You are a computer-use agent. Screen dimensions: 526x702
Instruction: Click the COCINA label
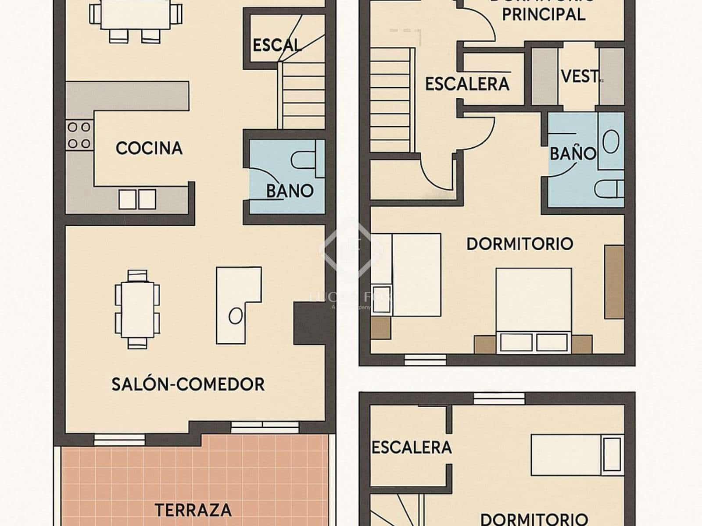149,148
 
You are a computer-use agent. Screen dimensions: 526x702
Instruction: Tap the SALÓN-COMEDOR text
188,384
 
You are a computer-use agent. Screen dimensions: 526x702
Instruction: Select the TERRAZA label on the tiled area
193,510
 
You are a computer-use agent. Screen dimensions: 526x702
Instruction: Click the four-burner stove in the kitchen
79,135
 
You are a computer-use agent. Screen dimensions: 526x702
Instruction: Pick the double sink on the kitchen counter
137,199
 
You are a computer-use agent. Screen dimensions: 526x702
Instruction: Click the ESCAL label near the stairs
277,45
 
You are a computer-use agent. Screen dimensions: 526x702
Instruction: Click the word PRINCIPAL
544,14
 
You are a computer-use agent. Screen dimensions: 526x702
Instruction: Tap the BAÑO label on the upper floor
573,153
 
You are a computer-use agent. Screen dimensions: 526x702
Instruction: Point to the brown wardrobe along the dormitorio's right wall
614,281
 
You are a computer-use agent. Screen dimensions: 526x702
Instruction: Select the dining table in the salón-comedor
137,309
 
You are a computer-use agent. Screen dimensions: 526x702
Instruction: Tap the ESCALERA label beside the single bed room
411,448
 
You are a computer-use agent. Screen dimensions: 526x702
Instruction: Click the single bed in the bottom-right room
577,455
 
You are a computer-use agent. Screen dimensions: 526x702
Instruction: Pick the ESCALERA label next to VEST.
467,84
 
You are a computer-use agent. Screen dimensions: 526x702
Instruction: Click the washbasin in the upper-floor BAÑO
611,142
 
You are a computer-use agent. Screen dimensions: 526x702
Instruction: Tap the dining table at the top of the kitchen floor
135,14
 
